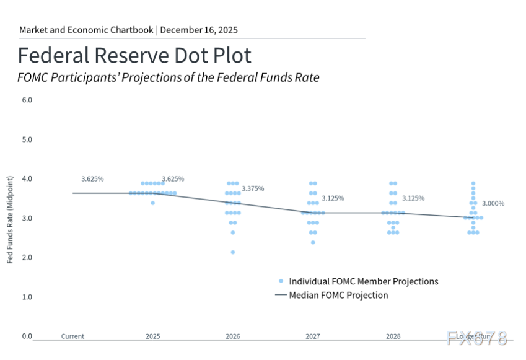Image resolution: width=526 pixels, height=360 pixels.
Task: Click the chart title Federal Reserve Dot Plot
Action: point(134,55)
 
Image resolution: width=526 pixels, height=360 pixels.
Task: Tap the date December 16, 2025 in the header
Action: point(199,30)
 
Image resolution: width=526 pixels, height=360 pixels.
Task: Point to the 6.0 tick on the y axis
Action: point(27,100)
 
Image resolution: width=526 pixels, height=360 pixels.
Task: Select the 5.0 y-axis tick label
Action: point(27,139)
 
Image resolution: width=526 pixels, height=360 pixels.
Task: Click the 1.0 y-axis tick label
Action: point(27,297)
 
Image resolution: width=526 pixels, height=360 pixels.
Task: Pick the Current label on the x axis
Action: point(72,336)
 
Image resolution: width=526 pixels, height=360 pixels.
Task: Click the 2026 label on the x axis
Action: point(233,336)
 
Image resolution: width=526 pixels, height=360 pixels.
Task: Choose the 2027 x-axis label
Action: point(313,336)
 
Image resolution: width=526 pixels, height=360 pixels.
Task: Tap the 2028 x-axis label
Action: point(393,336)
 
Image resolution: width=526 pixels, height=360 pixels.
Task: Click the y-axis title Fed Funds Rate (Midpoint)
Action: point(11,219)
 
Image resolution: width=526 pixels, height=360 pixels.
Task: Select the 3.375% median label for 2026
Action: point(253,188)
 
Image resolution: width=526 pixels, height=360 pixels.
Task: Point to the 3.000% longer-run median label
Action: point(494,203)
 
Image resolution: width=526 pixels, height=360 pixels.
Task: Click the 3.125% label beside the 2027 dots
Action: point(333,198)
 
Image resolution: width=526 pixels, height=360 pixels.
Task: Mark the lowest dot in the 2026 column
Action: point(233,252)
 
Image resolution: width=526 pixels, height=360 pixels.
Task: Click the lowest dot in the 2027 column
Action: point(313,242)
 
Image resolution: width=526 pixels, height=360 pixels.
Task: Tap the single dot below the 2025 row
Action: point(152,203)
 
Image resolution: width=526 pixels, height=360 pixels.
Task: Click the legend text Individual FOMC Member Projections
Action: point(363,281)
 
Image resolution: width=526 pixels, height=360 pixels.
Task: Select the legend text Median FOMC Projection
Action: point(338,295)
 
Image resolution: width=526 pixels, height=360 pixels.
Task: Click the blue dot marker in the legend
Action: point(281,281)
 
